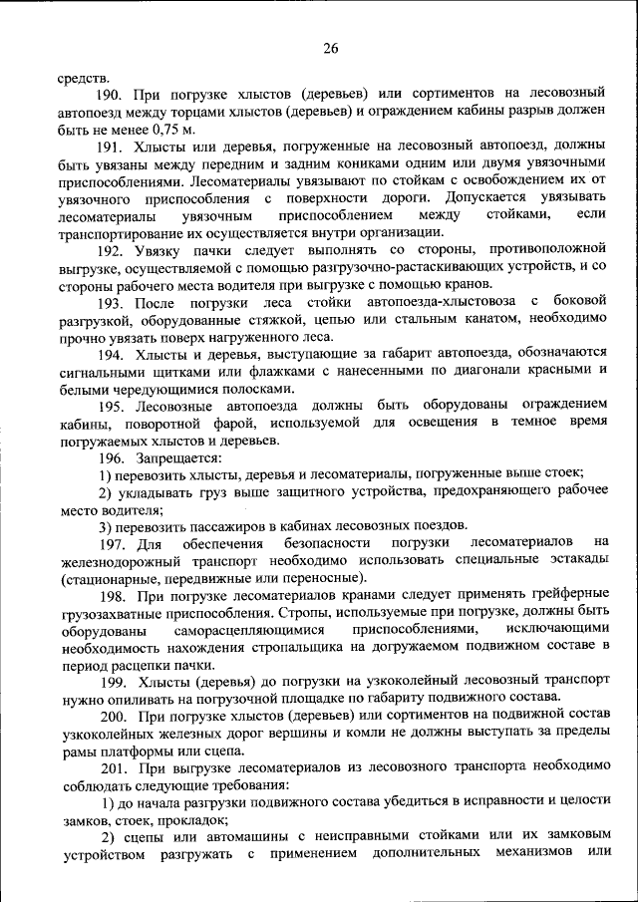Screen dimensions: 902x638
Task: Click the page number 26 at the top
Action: [331, 49]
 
